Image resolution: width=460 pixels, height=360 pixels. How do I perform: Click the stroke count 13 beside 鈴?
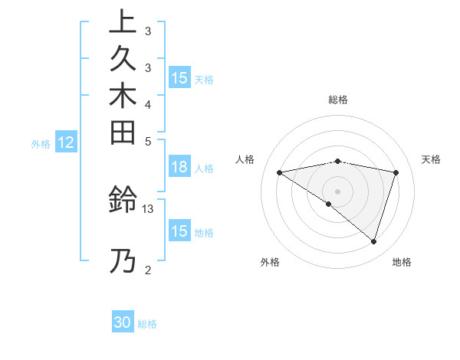coord(148,208)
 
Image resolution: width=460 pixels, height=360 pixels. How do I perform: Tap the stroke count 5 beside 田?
coord(147,140)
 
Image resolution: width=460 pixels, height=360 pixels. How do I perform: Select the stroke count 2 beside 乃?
coord(147,269)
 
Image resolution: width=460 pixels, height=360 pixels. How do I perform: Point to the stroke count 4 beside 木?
coord(147,103)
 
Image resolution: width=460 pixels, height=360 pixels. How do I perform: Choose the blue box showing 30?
coord(123,322)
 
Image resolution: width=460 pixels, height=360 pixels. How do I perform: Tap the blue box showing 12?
coord(66,142)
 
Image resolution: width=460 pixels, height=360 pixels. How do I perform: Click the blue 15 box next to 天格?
coord(179,78)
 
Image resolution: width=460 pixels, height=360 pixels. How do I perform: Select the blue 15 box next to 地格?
coord(179,231)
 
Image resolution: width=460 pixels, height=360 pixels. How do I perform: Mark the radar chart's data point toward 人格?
coord(280,172)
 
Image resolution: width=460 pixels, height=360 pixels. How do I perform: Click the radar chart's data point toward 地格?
coord(373,241)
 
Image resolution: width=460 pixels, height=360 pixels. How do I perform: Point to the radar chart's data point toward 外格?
coord(328,204)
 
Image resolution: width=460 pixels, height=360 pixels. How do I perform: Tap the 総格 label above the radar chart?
coord(338,100)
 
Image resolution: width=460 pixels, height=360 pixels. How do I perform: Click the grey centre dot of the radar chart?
coord(338,190)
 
